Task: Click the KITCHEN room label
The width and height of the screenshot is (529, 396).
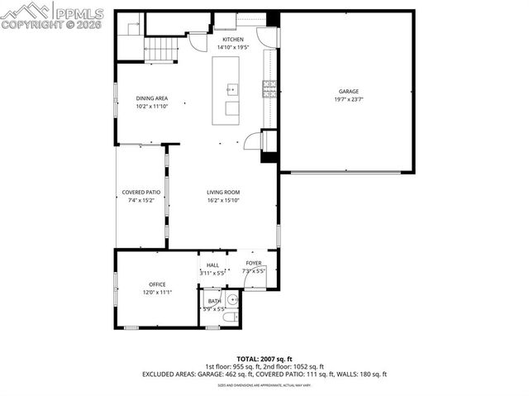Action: click(233, 39)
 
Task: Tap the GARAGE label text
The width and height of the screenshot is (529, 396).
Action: click(348, 91)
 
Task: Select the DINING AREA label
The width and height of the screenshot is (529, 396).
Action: click(152, 98)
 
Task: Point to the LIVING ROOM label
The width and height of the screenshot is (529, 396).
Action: click(223, 192)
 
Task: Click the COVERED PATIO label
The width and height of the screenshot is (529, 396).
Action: click(141, 192)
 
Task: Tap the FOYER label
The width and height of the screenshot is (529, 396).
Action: click(253, 263)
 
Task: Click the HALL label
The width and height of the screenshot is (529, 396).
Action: click(212, 265)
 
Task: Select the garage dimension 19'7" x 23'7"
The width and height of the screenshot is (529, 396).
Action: click(348, 99)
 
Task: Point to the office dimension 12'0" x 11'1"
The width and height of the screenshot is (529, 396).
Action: click(157, 292)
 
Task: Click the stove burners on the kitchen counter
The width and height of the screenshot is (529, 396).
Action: click(269, 88)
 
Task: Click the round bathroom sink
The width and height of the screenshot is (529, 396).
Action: click(233, 300)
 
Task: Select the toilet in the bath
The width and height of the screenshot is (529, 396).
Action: click(231, 317)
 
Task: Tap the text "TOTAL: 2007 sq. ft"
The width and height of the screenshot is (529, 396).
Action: click(264, 359)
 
